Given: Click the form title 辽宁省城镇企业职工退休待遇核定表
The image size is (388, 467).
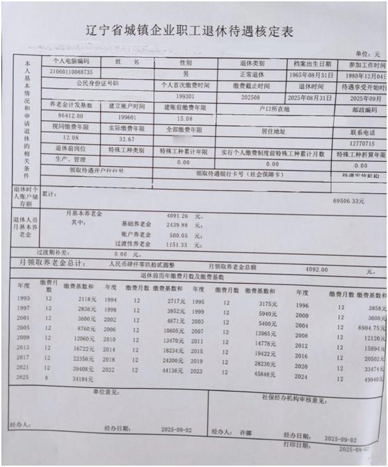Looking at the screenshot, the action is point(194,32).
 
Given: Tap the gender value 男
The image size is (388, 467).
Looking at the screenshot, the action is point(186,73).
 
